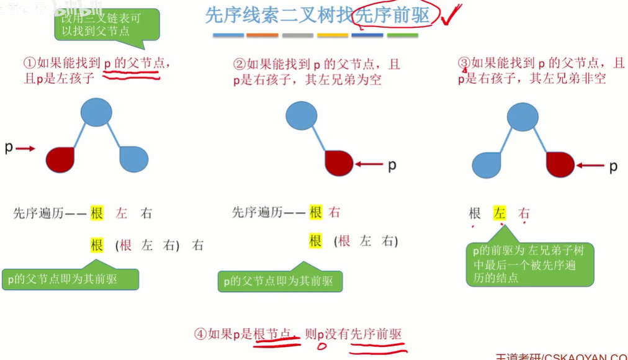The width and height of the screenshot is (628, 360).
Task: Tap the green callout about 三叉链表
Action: click(106, 25)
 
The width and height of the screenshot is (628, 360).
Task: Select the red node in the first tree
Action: click(60, 160)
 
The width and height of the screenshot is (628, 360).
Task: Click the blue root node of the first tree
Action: click(96, 112)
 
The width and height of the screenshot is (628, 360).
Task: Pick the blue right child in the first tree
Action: click(133, 160)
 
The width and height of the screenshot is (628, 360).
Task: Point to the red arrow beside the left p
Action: click(25, 148)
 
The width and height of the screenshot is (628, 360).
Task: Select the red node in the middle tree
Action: click(339, 163)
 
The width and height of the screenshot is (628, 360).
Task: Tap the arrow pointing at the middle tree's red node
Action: click(370, 164)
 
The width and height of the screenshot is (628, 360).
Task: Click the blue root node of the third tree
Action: click(523, 117)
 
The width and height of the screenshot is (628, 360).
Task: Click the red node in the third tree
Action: click(560, 164)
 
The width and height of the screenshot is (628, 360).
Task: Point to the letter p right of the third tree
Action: click(613, 166)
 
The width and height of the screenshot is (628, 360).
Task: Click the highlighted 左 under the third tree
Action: click(500, 214)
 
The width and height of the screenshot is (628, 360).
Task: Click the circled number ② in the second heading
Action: click(240, 64)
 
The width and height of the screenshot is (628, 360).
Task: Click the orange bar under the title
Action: click(262, 35)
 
